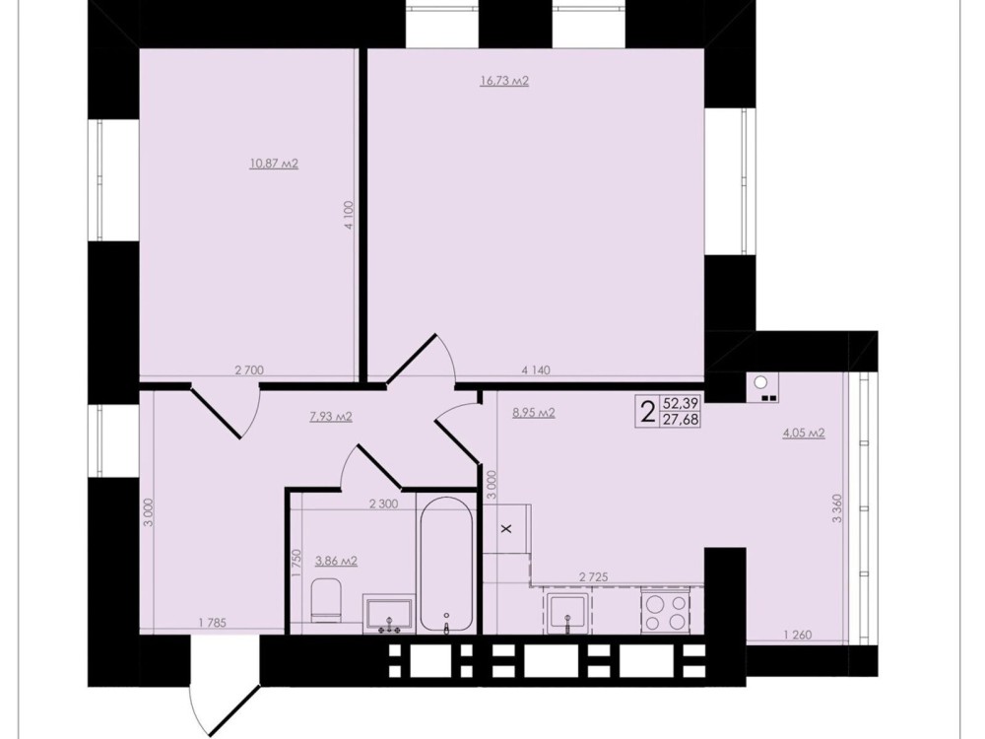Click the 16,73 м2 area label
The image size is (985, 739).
pos(504,81)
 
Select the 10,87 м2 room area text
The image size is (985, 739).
pos(274,164)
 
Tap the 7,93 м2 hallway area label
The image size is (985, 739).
pos(331,416)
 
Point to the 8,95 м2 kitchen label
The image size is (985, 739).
pos(534,413)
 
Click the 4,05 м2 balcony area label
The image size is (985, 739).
pos(804,433)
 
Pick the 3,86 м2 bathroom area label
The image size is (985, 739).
pos(336,561)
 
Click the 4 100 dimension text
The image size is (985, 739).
pos(350,216)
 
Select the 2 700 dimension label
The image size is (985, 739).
pos(249,370)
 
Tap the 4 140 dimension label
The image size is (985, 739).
pos(535,370)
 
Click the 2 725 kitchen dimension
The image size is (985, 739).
pos(594,576)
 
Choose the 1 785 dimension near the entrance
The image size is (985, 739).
pos(212,623)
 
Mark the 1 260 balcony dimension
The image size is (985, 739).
pos(798,635)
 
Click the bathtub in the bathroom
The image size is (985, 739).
pos(446,565)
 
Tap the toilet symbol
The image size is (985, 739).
pos(326,600)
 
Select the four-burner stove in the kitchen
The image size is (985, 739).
pos(665,612)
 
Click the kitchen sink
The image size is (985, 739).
pos(568,613)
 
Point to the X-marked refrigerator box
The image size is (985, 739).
pos(507,528)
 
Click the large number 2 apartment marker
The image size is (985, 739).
pos(647,412)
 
